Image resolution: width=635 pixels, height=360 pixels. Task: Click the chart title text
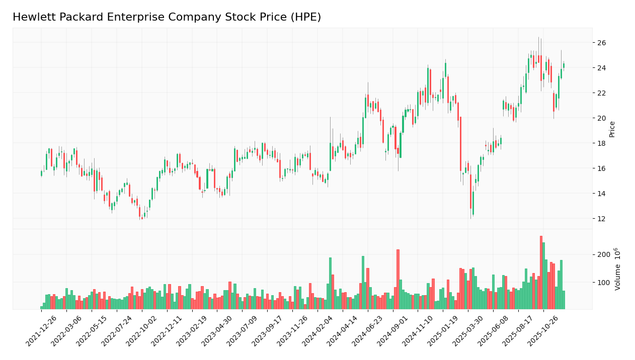[167, 18]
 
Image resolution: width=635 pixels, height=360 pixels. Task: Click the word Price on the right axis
[612, 129]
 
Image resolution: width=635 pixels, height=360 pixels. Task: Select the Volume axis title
[617, 268]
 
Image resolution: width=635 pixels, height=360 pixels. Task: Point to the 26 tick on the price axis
[602, 43]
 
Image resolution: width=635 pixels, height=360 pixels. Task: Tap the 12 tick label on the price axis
[602, 219]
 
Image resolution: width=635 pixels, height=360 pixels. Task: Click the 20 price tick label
[602, 118]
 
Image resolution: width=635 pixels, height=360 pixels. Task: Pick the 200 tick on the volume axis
[604, 254]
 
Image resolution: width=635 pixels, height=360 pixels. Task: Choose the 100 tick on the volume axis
[604, 283]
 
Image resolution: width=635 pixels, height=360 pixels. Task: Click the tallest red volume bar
[541, 272]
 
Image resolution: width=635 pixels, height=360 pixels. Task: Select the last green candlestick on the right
[564, 65]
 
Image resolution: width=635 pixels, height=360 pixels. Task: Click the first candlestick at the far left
[41, 173]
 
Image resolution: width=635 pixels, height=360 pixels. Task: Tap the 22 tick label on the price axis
[602, 93]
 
